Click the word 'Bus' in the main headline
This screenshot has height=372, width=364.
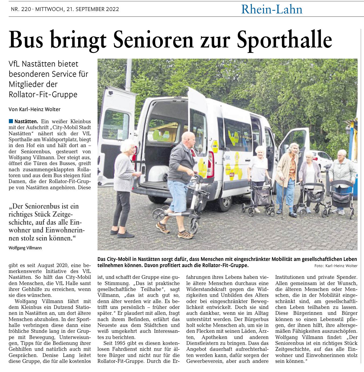pyautogui.click(x=26, y=40)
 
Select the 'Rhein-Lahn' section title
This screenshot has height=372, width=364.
pyautogui.click(x=272, y=9)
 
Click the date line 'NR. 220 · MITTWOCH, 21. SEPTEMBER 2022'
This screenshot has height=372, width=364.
pyautogui.click(x=65, y=9)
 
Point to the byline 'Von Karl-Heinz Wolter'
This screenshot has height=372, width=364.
pyautogui.click(x=35, y=109)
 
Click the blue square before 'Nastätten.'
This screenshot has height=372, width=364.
pyautogui.click(x=11, y=121)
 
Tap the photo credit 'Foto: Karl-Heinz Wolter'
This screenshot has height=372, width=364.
pyautogui.click(x=336, y=266)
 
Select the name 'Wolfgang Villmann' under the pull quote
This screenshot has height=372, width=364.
pyautogui.click(x=25, y=248)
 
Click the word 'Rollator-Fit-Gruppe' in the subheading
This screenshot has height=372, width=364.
pyautogui.click(x=43, y=94)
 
